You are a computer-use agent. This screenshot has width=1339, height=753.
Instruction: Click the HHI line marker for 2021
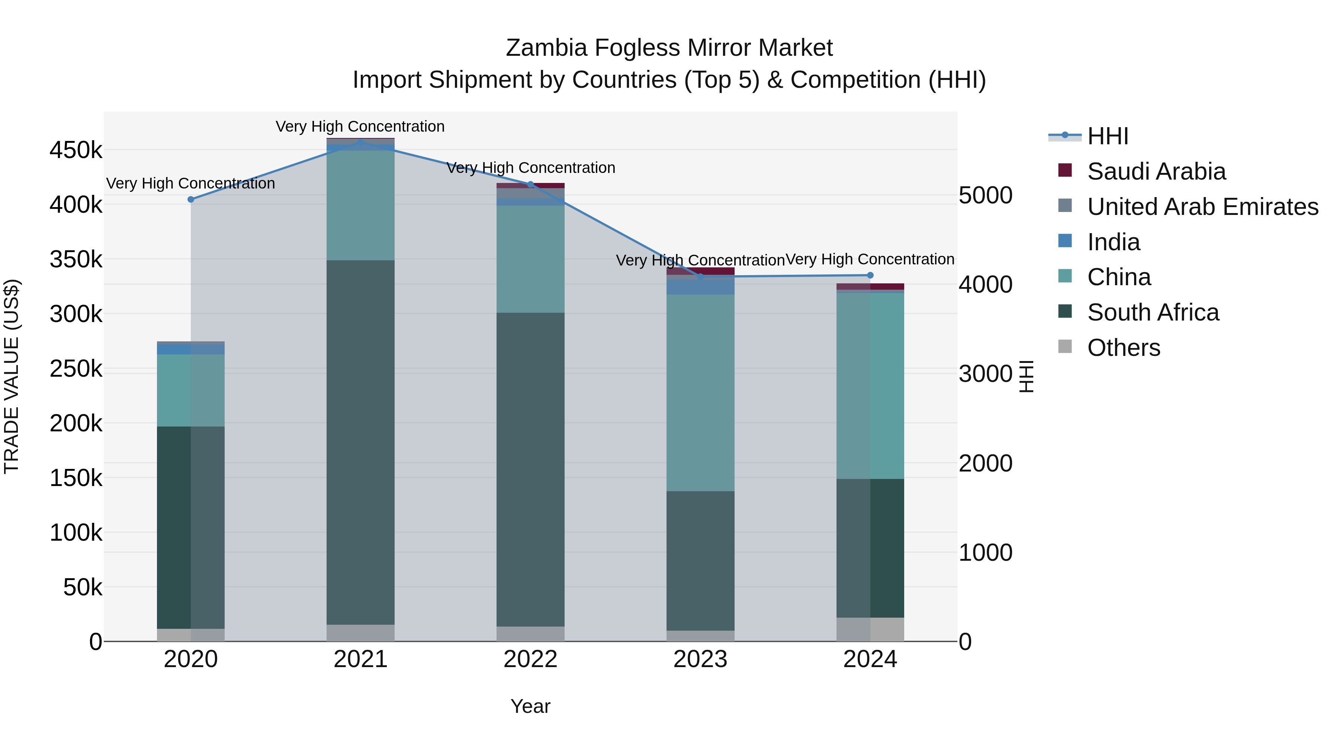pos(361,142)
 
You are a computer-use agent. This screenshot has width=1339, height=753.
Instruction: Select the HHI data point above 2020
pos(191,200)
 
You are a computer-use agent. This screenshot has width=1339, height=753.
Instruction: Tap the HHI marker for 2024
pos(870,276)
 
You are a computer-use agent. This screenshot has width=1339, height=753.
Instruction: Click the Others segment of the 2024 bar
pos(870,629)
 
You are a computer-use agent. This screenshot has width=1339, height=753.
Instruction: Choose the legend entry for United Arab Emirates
pos(1202,207)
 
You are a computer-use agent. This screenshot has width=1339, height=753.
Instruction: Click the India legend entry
pos(1113,242)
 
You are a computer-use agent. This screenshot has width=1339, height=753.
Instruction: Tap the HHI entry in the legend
pos(1107,136)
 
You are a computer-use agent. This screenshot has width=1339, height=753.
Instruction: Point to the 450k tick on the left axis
pos(76,151)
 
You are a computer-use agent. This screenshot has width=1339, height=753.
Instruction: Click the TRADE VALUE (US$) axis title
pos(13,376)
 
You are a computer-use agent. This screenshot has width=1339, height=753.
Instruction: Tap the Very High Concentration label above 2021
pos(360,127)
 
